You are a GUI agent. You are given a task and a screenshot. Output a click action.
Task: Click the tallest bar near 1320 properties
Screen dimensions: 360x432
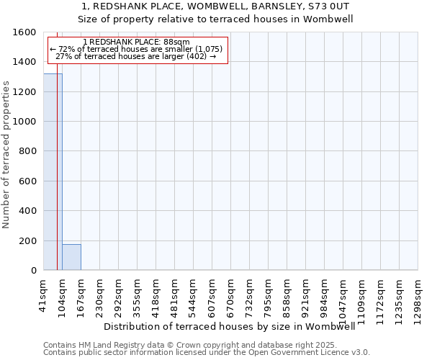53,173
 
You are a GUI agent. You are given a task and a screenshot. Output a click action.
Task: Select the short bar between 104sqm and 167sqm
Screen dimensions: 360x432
71,257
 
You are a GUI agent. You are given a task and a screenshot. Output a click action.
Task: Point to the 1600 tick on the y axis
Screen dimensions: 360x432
26,32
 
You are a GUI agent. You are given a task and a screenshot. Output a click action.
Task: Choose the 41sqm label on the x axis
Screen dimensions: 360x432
44,292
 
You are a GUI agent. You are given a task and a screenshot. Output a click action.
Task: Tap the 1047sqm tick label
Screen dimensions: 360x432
343,296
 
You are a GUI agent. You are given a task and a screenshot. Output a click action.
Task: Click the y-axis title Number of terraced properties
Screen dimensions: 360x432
7,155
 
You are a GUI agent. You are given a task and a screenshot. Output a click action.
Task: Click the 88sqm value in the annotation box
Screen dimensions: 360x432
176,42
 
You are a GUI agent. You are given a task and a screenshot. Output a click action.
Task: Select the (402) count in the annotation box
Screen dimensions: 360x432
197,56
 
